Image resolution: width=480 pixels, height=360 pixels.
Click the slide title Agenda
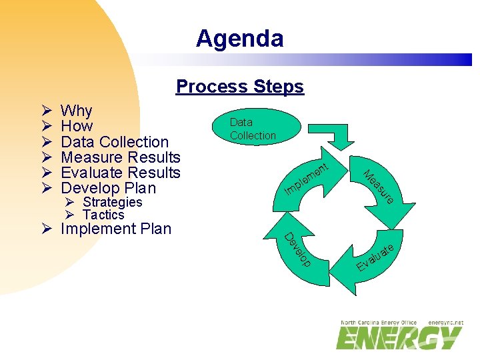pos(239,39)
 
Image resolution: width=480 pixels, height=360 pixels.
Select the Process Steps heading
pos(239,87)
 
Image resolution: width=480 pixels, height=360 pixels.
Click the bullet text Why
pos(76,111)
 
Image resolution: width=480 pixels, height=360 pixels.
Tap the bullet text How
pos(77,126)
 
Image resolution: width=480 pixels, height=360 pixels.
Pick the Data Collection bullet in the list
pos(114,141)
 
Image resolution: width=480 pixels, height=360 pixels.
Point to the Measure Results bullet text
pos(120,157)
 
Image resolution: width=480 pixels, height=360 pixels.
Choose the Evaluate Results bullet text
pos(120,173)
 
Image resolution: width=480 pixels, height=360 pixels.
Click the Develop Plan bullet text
pos(108,188)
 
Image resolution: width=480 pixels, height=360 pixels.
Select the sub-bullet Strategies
pos(112,202)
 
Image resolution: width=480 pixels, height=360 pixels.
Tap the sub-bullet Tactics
pos(103,215)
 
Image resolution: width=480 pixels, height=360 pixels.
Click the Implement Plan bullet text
pos(115,229)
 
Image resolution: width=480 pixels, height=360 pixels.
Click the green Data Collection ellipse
pos(253,128)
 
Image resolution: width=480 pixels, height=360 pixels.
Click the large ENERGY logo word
pos(399,338)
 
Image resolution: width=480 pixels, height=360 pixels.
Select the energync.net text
pos(445,323)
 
